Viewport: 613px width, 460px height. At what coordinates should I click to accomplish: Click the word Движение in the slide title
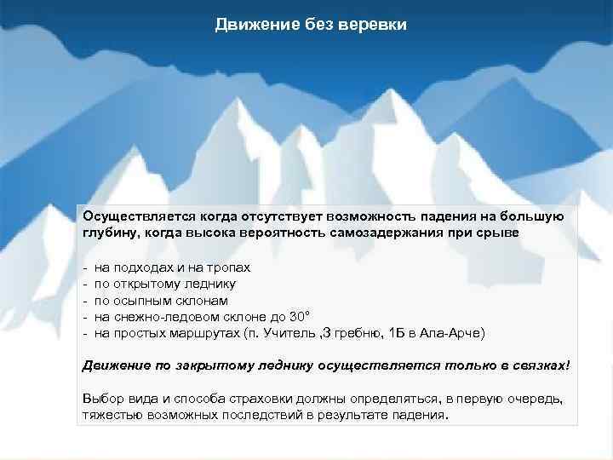pos(249,25)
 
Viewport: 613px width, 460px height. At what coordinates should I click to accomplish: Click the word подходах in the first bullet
pos(140,267)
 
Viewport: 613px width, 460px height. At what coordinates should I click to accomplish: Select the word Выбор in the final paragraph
pos(102,399)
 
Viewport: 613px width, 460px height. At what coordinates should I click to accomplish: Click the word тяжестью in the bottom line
pos(111,415)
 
